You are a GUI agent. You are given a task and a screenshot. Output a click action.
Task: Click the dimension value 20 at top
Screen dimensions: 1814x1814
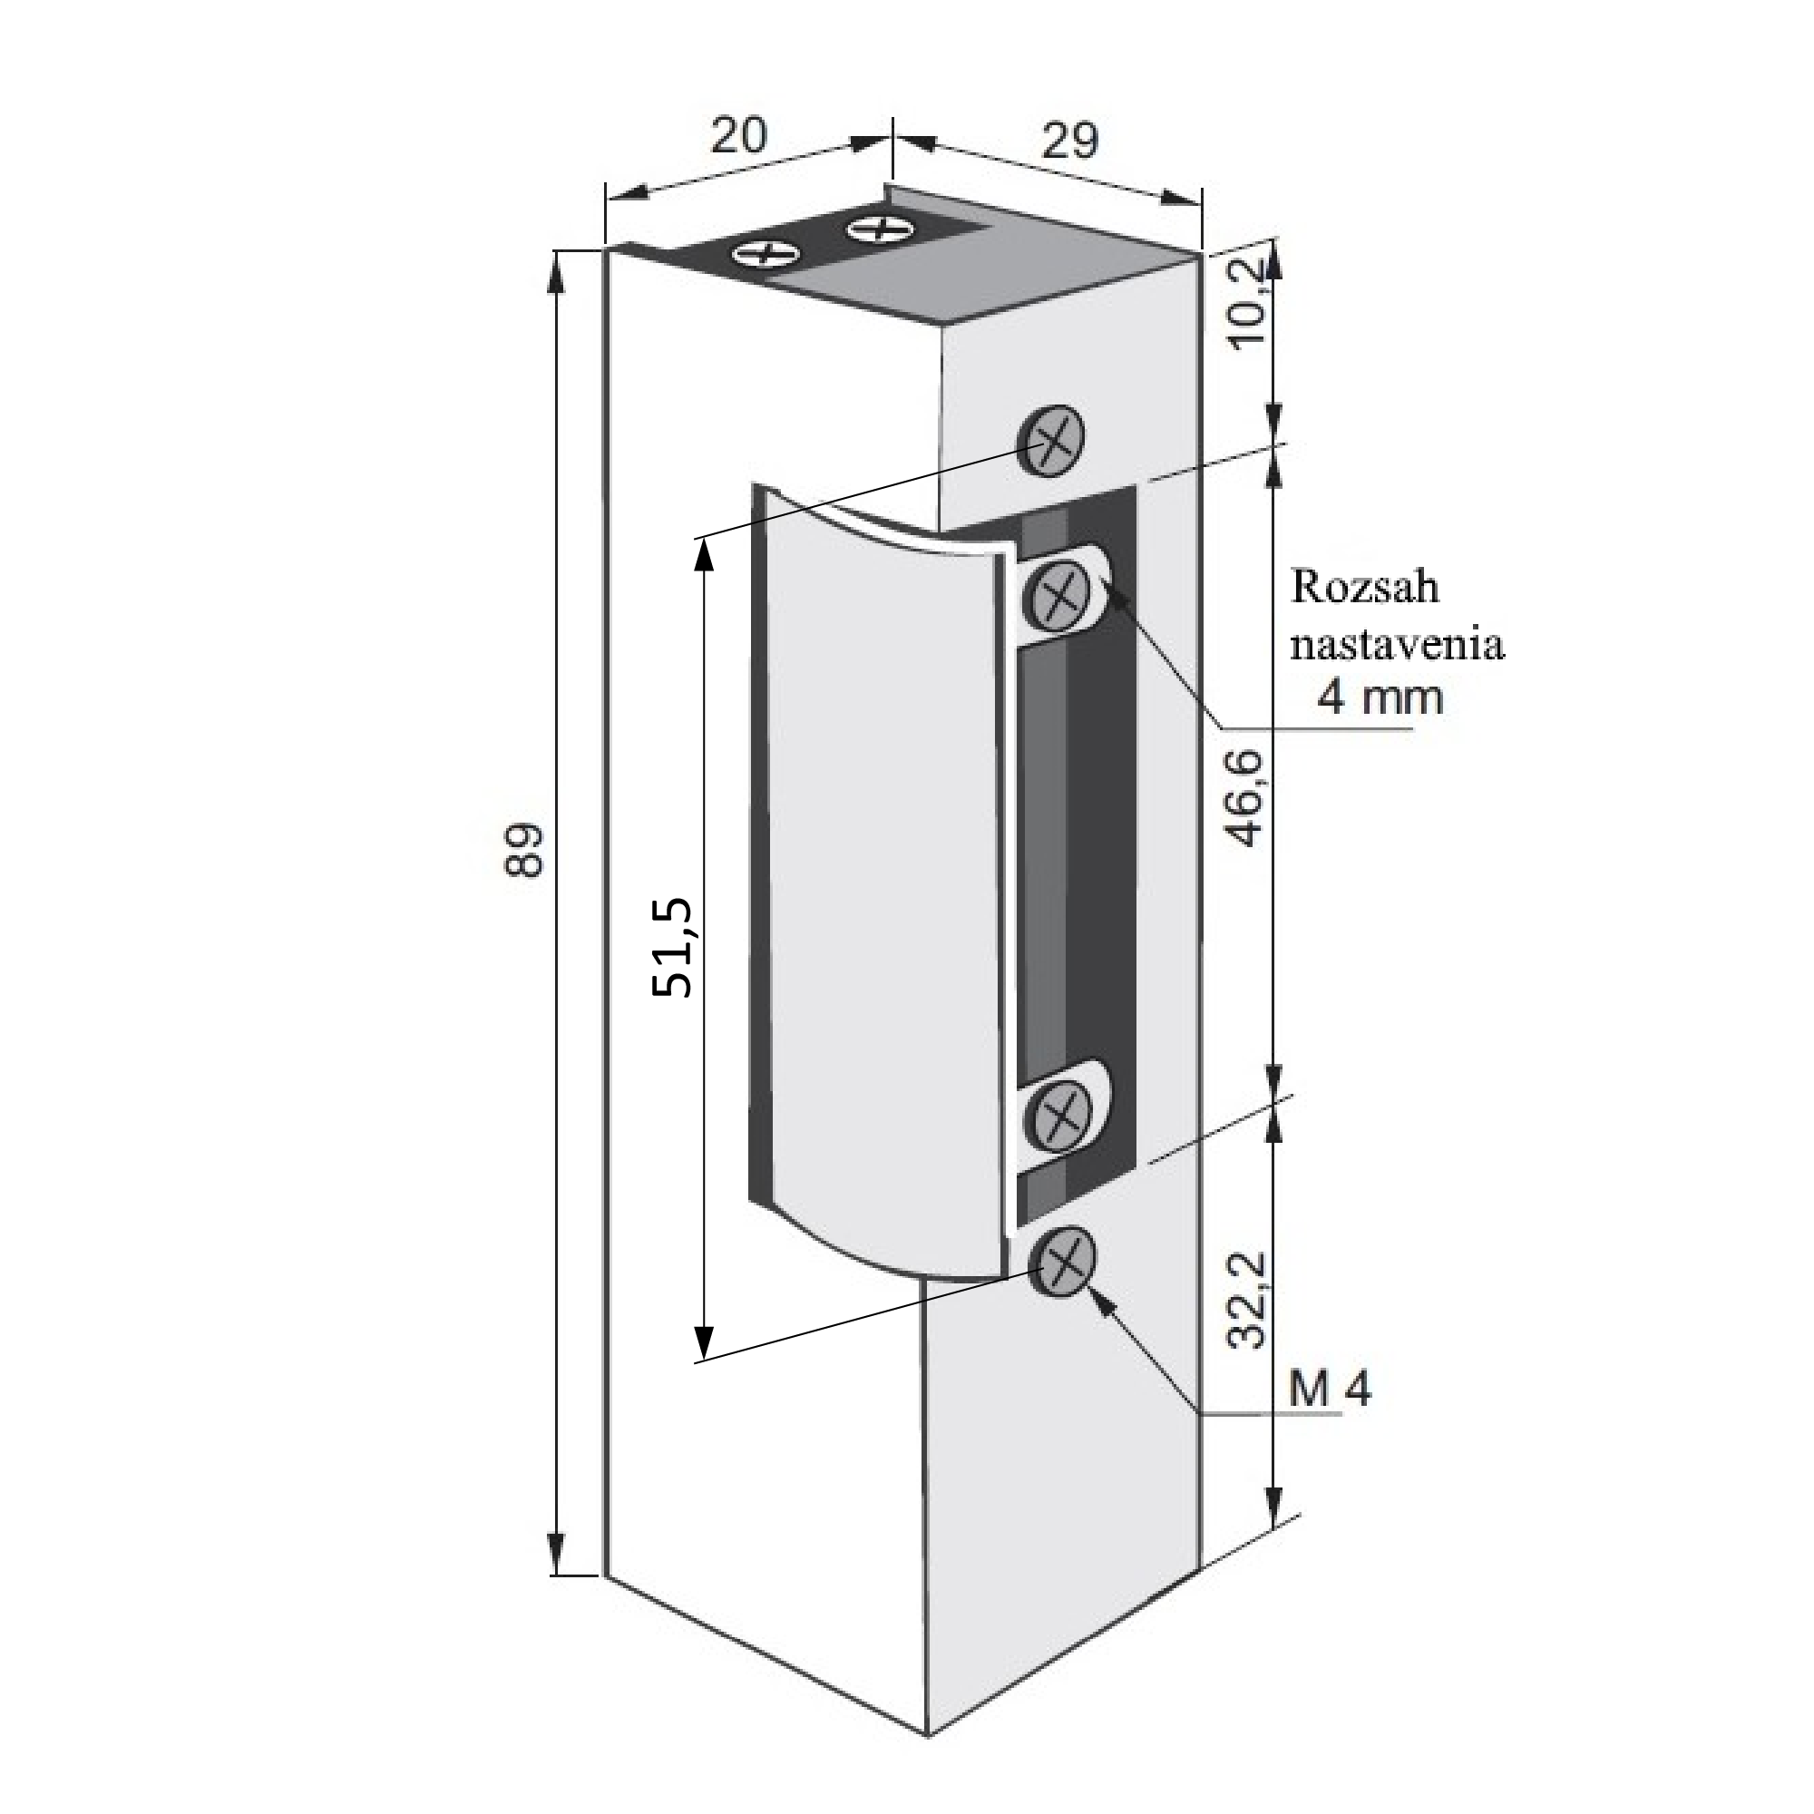[x=738, y=137]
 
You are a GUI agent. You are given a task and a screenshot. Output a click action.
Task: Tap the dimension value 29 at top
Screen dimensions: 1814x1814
[x=1070, y=141]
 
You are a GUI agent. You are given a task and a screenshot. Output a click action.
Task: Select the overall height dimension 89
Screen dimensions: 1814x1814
[x=524, y=851]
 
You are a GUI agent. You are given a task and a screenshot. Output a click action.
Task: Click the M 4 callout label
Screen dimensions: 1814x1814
[x=1330, y=1389]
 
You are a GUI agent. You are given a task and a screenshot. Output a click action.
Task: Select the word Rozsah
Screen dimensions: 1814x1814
[x=1364, y=587]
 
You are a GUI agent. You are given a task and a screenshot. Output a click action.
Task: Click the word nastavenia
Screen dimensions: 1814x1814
[x=1397, y=645]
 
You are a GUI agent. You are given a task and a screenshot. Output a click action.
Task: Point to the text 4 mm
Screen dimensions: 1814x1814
[x=1380, y=697]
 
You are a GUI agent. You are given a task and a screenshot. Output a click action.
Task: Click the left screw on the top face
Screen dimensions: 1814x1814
[x=766, y=254]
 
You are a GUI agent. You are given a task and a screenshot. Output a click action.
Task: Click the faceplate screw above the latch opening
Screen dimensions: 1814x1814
[x=1051, y=441]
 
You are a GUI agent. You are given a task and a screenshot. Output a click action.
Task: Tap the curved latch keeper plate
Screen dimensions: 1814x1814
[x=881, y=883]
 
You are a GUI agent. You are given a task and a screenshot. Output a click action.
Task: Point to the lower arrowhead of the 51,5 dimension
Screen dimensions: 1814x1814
[x=703, y=1336]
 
